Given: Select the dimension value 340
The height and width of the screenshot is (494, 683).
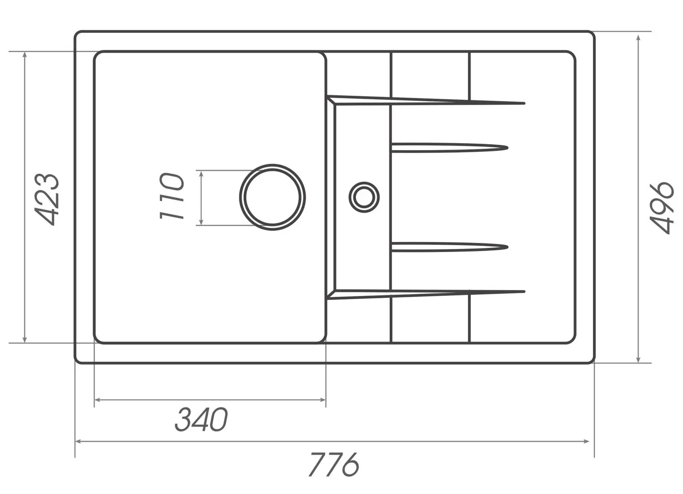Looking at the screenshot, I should point(201,420).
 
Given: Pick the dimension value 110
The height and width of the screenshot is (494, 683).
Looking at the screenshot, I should point(172,196).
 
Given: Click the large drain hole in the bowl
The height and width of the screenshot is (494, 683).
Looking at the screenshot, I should point(272,197).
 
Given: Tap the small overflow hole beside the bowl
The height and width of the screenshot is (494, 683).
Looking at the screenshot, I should point(364,197).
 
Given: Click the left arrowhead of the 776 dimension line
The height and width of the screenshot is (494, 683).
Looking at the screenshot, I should point(78,441).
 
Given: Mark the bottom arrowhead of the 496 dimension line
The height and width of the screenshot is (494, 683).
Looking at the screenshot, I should point(638,360).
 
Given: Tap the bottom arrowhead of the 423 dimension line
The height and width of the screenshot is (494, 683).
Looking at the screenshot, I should point(25,339).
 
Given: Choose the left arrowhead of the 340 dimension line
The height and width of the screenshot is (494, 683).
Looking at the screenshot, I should point(97,400).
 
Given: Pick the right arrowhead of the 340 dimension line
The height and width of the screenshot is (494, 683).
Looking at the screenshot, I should point(323,400).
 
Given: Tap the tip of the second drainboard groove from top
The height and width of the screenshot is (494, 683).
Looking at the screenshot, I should point(507,148).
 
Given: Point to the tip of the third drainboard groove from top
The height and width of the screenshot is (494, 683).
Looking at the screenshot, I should point(507,247).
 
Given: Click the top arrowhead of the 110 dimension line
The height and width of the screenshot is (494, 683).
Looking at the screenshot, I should point(201,173).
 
